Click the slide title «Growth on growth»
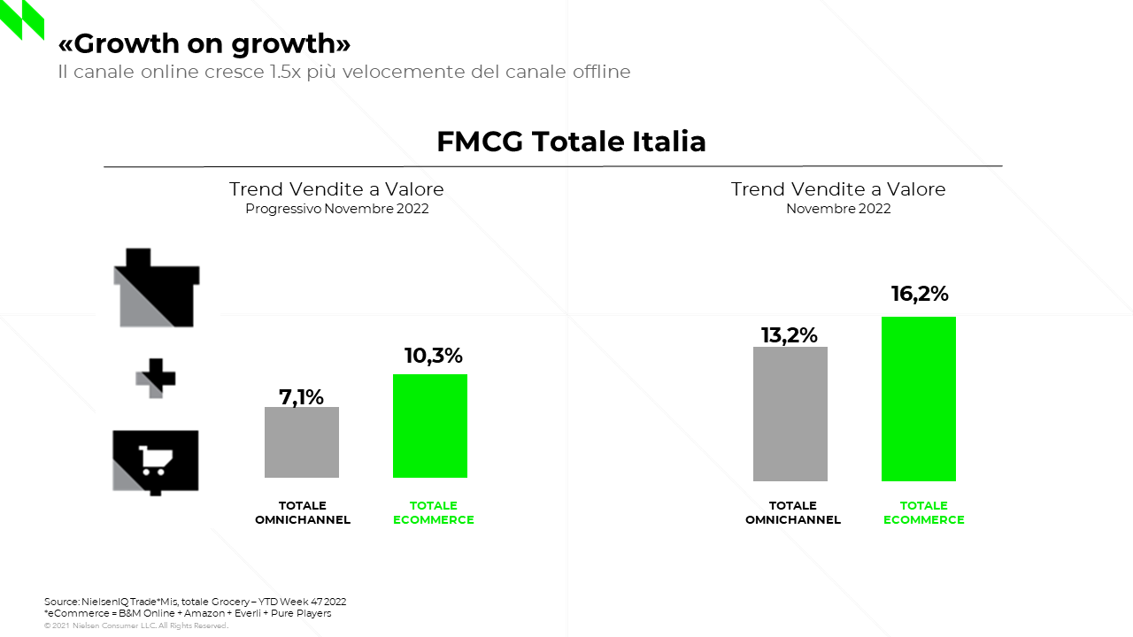pyautogui.click(x=204, y=43)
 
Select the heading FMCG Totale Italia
pyautogui.click(x=571, y=142)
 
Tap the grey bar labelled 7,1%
pyautogui.click(x=301, y=442)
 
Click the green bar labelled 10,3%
pyautogui.click(x=430, y=426)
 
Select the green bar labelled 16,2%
pyautogui.click(x=918, y=398)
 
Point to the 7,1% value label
pyautogui.click(x=301, y=397)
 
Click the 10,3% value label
pyautogui.click(x=433, y=356)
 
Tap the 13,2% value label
pyautogui.click(x=789, y=335)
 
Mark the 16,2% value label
pyautogui.click(x=919, y=294)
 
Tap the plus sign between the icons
pyautogui.click(x=156, y=378)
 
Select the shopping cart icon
pyautogui.click(x=156, y=461)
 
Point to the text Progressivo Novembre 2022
pyautogui.click(x=336, y=209)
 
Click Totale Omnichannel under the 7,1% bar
pyautogui.click(x=303, y=513)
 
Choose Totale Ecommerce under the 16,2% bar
pyautogui.click(x=923, y=513)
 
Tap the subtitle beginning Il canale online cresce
pyautogui.click(x=343, y=72)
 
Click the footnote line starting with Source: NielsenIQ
pyautogui.click(x=195, y=602)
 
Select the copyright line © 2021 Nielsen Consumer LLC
pyautogui.click(x=136, y=625)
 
